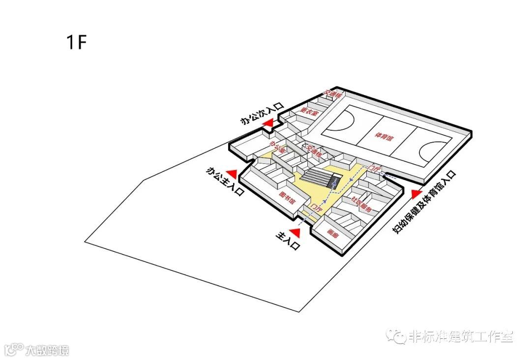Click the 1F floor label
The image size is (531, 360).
click(76, 42)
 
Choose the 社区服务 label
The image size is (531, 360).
click(361, 204)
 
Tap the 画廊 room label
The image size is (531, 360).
click(333, 235)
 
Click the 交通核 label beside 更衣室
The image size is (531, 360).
click(333, 93)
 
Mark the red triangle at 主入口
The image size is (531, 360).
click(295, 231)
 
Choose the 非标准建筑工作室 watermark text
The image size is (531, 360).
click(460, 336)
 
